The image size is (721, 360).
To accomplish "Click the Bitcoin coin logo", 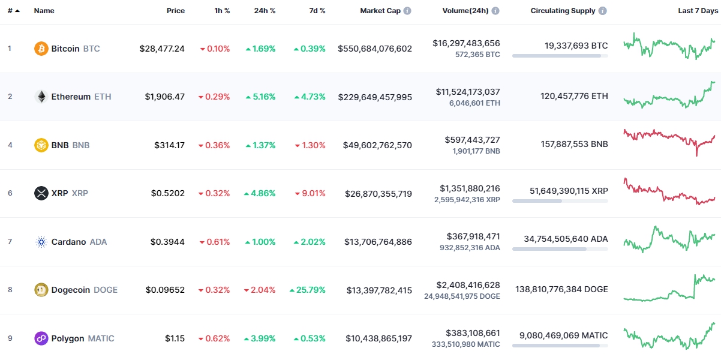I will click(x=41, y=49).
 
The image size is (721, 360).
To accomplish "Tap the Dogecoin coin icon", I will click(x=41, y=290).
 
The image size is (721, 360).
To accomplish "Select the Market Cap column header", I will click(x=380, y=11).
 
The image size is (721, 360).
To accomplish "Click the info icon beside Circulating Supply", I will click(x=602, y=11).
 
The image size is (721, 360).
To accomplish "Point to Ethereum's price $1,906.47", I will click(x=164, y=97).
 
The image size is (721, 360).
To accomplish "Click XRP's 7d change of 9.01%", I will click(x=310, y=193).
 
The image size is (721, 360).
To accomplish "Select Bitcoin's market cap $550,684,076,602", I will click(x=375, y=49).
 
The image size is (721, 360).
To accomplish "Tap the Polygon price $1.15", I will click(x=175, y=338).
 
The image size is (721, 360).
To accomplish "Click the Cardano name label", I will click(x=68, y=242).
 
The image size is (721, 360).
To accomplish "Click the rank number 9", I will click(x=10, y=338).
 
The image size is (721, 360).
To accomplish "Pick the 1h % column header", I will click(x=222, y=11).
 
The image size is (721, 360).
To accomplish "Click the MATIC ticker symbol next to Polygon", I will click(x=101, y=338).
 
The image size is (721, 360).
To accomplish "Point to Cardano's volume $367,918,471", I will click(x=473, y=236).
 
